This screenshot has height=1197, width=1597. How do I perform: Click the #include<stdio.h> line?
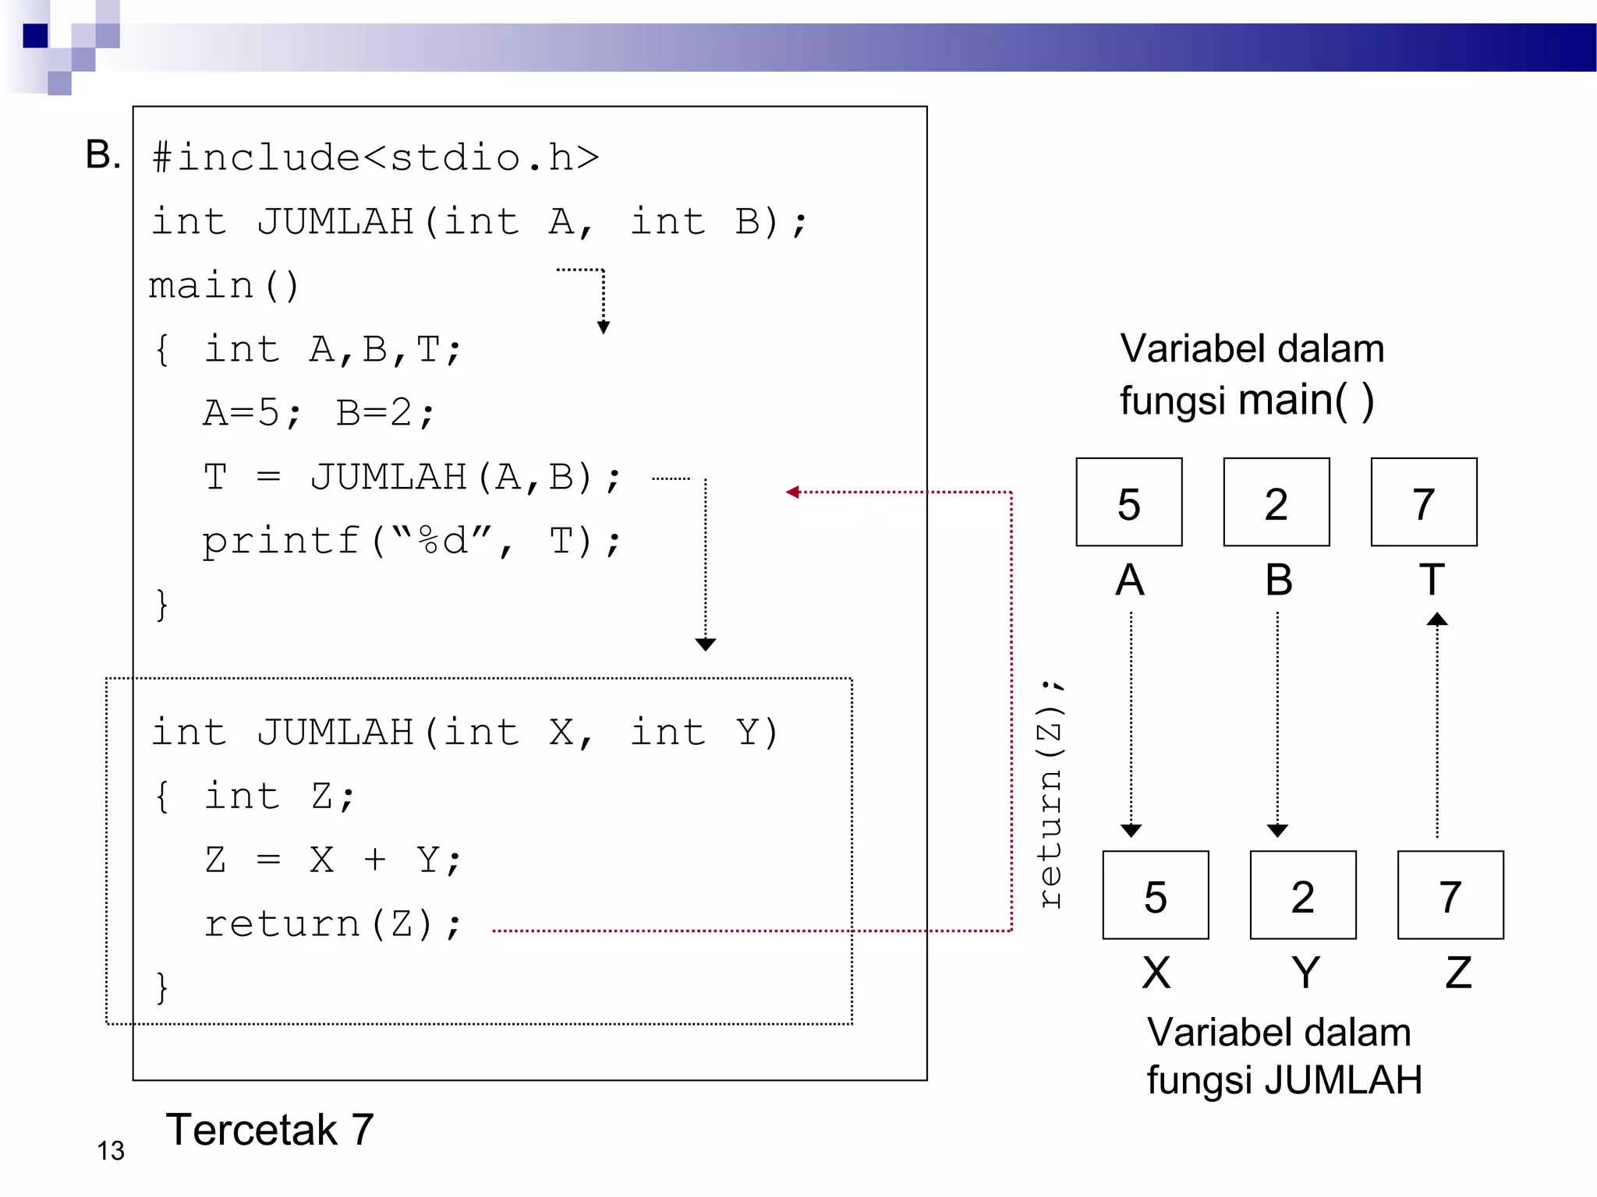pos(375,157)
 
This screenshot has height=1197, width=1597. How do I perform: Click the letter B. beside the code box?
pos(102,154)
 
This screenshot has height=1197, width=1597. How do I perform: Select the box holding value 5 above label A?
pos(1128,502)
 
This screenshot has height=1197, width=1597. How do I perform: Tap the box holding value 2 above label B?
pos(1276,502)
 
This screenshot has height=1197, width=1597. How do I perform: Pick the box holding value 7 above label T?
pos(1423,502)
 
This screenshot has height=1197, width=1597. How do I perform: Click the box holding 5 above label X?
pos(1155,895)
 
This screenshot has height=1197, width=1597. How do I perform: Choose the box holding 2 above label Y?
pos(1302,895)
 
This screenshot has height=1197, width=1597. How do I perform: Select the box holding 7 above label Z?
pos(1450,895)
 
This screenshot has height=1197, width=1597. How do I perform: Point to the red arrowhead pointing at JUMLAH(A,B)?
pos(793,492)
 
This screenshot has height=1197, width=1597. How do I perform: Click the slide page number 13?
pos(111,1151)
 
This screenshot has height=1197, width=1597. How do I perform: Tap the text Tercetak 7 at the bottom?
pos(270,1129)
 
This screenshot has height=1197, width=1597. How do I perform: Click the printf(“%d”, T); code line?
pos(411,540)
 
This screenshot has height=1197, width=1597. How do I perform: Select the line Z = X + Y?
pos(333,860)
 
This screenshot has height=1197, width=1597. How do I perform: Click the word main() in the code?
pos(224,285)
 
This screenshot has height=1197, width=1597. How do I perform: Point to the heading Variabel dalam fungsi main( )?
pos(1251,374)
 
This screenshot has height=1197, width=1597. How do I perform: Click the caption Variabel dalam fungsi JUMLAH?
pos(1284,1056)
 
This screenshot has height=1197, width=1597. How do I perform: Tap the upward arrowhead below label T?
pos(1436,620)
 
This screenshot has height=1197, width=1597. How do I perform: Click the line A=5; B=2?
pos(318,412)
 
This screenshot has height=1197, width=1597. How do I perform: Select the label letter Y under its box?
pos(1305,972)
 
